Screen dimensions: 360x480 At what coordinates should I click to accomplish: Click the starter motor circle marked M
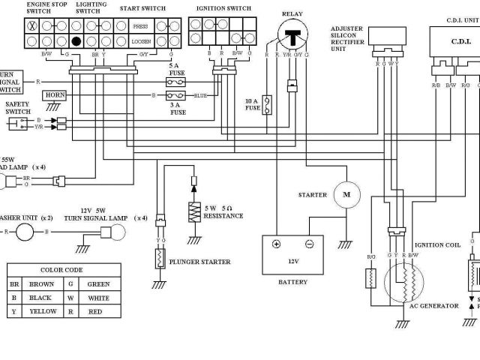[x=346, y=195]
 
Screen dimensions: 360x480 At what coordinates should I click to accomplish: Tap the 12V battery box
[x=292, y=254]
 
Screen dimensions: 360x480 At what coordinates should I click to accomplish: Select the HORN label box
[x=55, y=95]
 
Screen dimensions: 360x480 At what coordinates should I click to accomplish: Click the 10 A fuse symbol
[x=266, y=103]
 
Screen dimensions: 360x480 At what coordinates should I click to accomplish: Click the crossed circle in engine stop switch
[x=32, y=26]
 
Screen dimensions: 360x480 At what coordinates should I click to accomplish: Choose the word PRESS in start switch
[x=140, y=26]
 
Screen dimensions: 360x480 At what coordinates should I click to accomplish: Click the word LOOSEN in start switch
[x=140, y=42]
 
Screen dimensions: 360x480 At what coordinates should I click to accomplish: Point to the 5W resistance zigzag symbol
[x=193, y=211]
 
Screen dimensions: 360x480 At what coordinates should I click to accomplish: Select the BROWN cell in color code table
[x=41, y=284]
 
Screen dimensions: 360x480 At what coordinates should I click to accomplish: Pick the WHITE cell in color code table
[x=97, y=298]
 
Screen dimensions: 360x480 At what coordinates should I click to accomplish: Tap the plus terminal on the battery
[x=276, y=244]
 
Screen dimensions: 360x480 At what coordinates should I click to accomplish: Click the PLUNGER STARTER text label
[x=199, y=262]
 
